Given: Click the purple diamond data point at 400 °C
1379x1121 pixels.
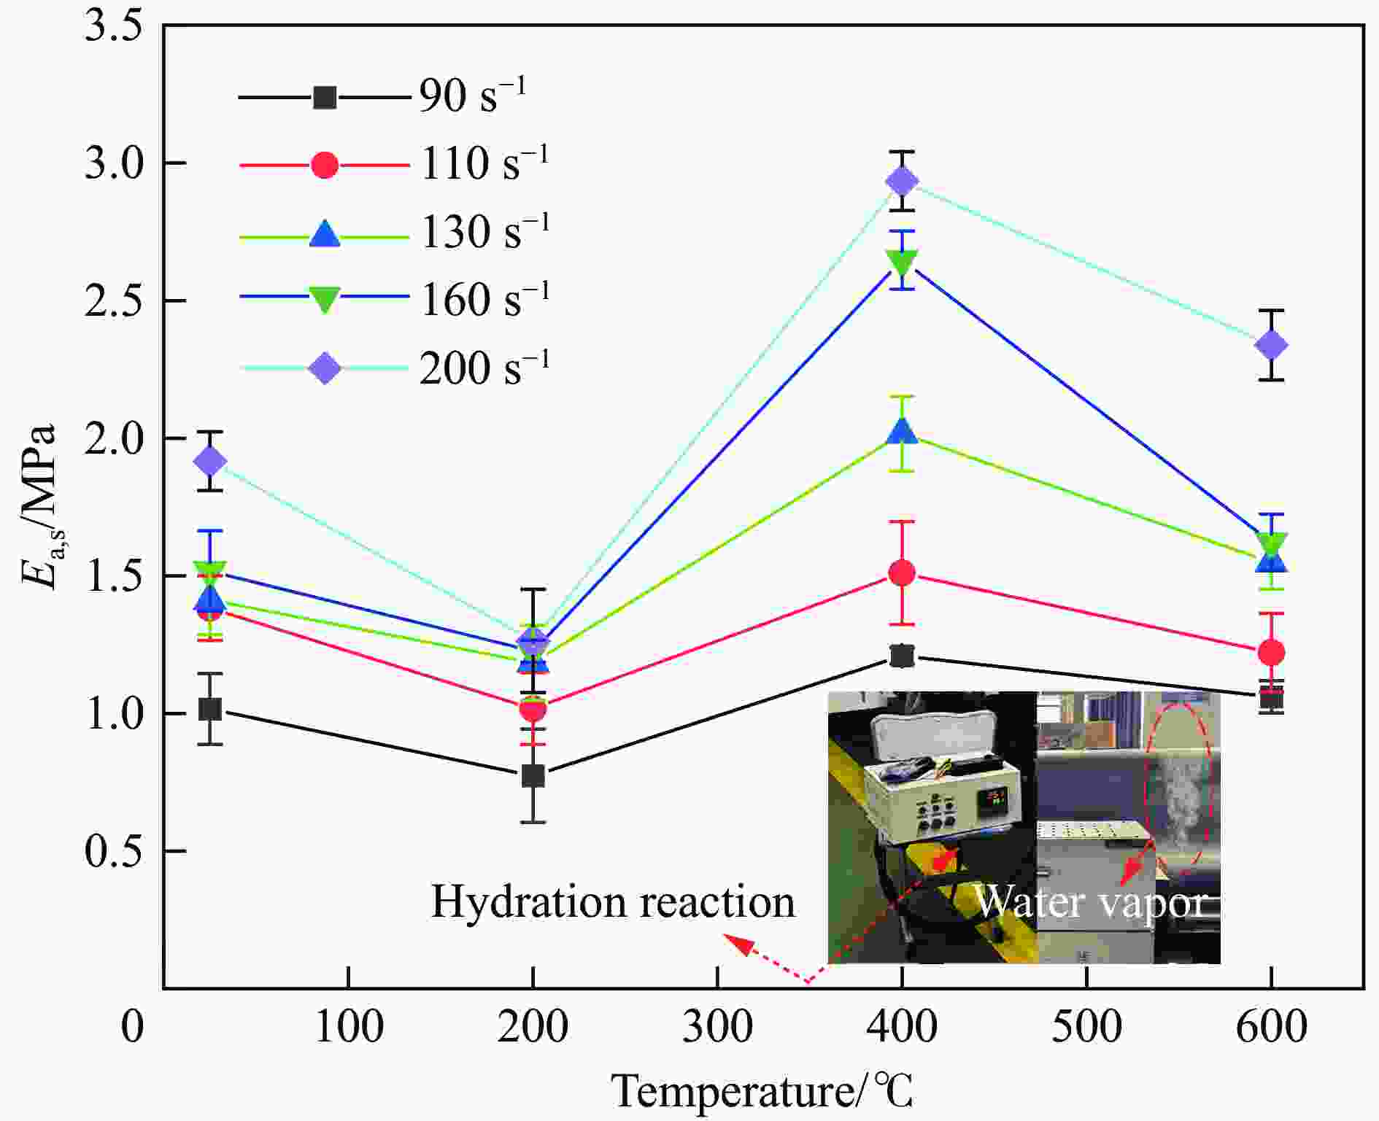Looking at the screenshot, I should point(903,181).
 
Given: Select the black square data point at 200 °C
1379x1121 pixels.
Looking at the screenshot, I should point(533,776).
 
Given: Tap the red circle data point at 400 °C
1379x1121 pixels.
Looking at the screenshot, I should point(903,573).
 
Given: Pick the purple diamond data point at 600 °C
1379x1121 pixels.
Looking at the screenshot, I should point(1271,345).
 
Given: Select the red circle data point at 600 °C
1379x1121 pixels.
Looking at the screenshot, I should point(1271,652).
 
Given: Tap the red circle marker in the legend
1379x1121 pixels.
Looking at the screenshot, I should point(325,165).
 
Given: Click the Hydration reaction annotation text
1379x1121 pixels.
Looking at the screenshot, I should point(613,902).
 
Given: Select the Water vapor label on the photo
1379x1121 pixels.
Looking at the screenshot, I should point(1091,902).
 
